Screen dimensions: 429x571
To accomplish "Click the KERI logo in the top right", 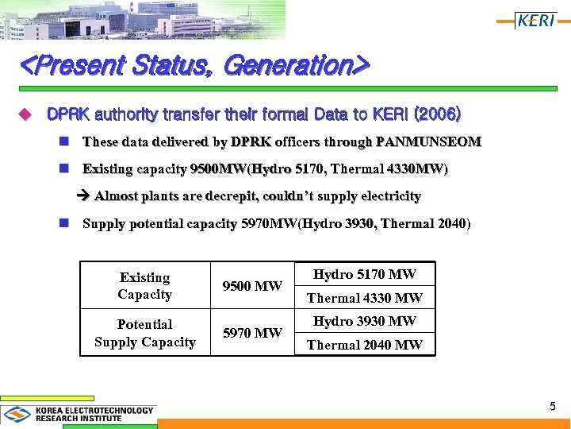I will click(535, 21).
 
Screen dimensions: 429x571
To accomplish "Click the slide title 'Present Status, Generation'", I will click(194, 64).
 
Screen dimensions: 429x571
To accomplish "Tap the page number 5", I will click(553, 407).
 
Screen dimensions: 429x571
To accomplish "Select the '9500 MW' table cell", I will click(252, 286).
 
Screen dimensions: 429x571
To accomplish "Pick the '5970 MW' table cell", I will click(252, 332).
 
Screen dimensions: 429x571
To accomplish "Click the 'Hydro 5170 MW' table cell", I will click(365, 275).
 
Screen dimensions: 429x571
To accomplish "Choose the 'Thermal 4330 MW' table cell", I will click(365, 298).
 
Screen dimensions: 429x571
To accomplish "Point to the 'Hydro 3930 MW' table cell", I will click(365, 321).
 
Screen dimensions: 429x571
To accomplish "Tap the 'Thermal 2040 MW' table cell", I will click(365, 344).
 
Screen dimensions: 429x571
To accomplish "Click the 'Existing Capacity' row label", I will click(144, 286).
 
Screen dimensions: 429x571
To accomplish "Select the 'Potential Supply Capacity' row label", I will click(144, 333).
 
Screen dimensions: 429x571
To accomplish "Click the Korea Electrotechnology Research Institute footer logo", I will click(79, 414).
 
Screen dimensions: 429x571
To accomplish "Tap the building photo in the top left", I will click(143, 19).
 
